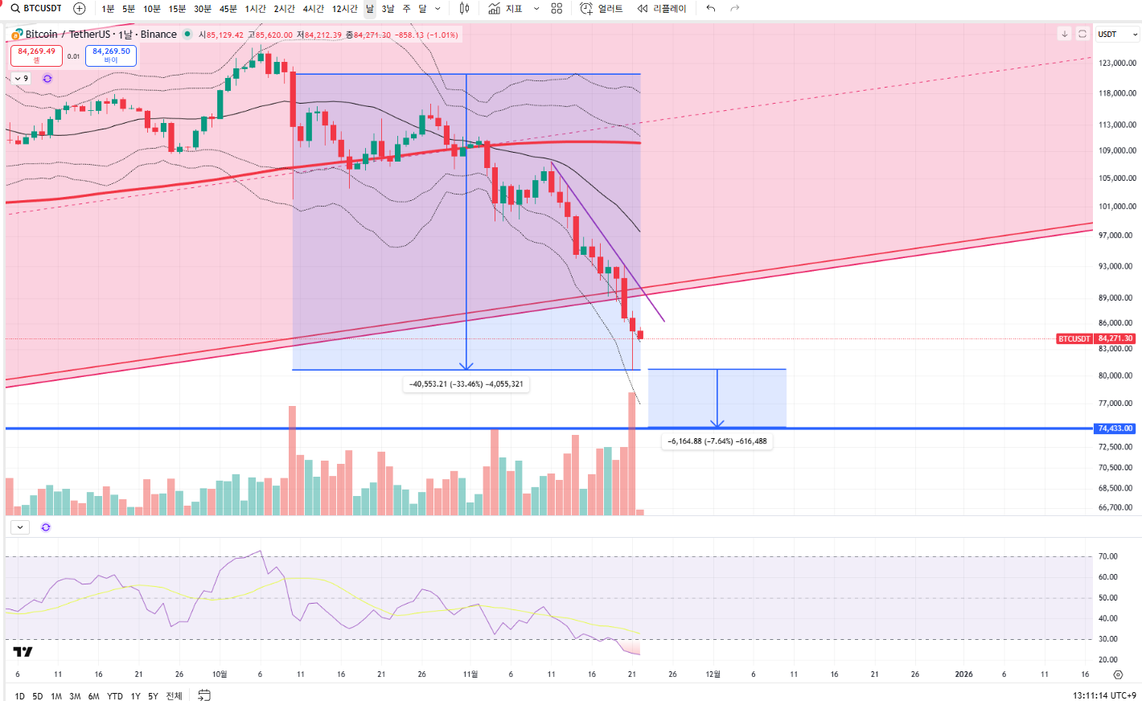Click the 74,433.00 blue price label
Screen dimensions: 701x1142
(1115, 428)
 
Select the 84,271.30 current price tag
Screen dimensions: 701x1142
(1115, 338)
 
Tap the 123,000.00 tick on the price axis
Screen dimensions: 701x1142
(1117, 63)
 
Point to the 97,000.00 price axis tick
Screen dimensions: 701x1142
(1117, 236)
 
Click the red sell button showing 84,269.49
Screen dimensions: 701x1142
(37, 55)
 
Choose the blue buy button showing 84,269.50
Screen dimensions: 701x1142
(111, 55)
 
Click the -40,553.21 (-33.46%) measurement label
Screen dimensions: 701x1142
(466, 384)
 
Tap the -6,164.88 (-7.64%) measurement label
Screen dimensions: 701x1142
(717, 441)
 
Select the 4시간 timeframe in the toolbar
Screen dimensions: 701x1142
(313, 9)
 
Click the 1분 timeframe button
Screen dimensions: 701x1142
(108, 9)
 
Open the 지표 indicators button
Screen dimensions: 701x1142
(506, 9)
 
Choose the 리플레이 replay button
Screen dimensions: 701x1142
(662, 9)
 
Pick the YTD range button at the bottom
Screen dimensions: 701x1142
(114, 696)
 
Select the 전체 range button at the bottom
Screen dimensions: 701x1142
(174, 696)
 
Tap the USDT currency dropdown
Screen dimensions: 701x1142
(1118, 35)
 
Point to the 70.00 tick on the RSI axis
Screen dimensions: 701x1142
(1107, 556)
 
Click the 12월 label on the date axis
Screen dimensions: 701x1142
(713, 674)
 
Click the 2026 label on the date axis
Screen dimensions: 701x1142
(963, 674)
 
